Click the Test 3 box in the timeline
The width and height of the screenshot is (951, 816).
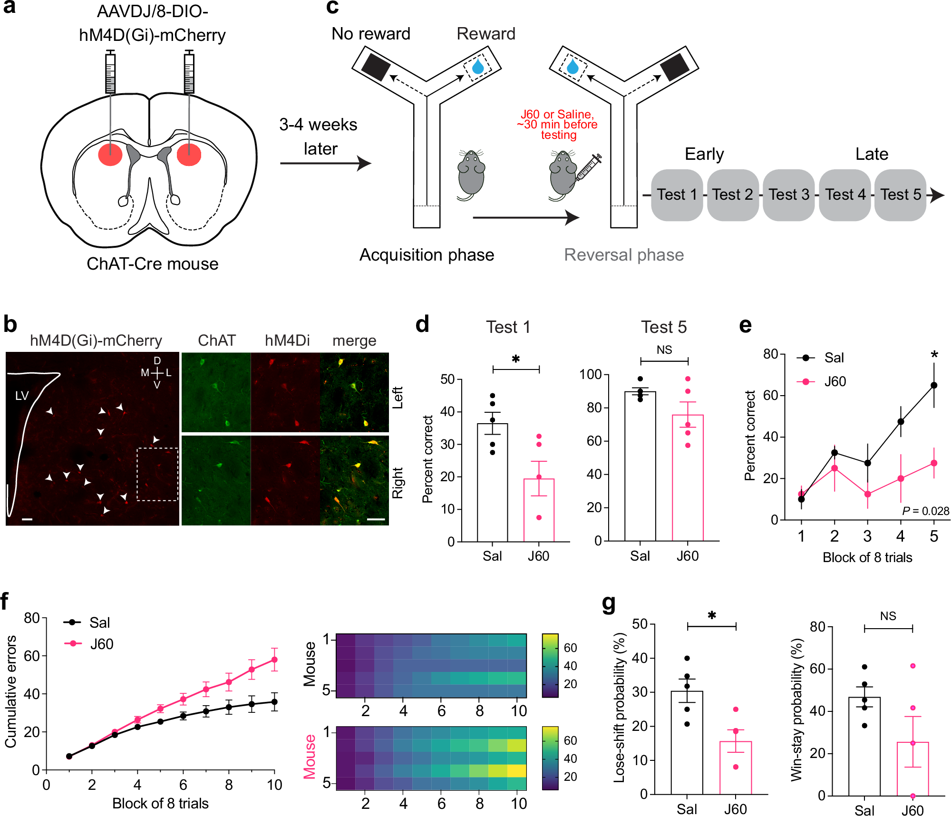[789, 195]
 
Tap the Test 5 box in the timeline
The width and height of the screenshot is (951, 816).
[900, 195]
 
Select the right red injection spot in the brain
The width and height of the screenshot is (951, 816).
[189, 155]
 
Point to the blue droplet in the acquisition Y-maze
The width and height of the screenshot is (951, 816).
[478, 67]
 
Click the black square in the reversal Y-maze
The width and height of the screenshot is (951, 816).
[675, 68]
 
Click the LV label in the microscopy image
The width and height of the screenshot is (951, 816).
[22, 396]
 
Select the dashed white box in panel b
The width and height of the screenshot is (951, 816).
[157, 474]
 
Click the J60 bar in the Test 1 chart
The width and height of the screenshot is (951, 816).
[539, 510]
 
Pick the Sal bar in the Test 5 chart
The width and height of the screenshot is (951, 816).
[640, 466]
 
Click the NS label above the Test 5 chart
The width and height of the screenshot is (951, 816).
[664, 350]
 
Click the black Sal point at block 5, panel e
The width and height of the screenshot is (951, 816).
[934, 385]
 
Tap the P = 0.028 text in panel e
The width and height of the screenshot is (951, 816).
[925, 511]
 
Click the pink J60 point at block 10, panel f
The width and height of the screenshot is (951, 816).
[274, 660]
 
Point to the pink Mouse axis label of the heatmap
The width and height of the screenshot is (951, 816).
[310, 757]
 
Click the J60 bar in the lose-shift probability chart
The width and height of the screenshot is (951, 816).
[736, 767]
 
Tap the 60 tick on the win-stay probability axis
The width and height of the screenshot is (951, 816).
[817, 669]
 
